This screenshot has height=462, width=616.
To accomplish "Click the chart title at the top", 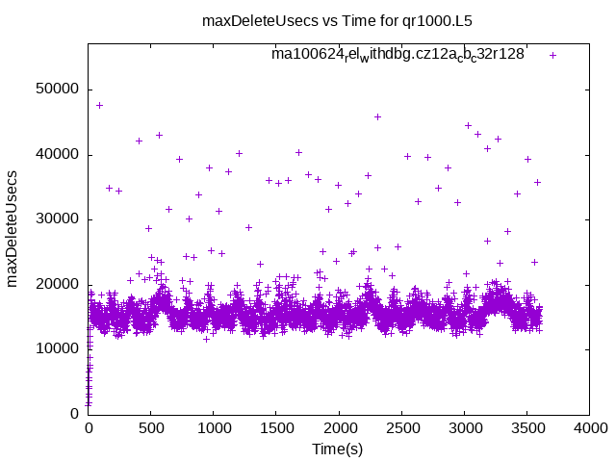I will pyautogui.click(x=337, y=19).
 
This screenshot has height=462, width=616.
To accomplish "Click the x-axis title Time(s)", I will pyautogui.click(x=338, y=449).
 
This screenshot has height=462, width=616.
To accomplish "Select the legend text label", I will pyautogui.click(x=398, y=55).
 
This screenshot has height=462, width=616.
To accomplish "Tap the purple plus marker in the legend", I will pyautogui.click(x=552, y=55).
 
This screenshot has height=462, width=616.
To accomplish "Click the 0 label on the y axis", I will pyautogui.click(x=75, y=414).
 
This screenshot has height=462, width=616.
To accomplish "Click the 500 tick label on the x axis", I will pyautogui.click(x=150, y=429).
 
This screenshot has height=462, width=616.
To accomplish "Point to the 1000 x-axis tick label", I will pyautogui.click(x=213, y=429).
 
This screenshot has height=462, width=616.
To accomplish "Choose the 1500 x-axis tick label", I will pyautogui.click(x=275, y=429).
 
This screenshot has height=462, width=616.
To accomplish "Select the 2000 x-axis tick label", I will pyautogui.click(x=338, y=429).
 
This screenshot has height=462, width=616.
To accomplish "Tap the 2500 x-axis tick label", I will pyautogui.click(x=400, y=429).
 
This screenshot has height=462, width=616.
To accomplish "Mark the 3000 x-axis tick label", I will pyautogui.click(x=463, y=429).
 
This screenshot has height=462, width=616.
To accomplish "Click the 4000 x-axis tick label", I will pyautogui.click(x=588, y=429).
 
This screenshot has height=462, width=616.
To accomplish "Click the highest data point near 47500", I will pyautogui.click(x=99, y=105).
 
